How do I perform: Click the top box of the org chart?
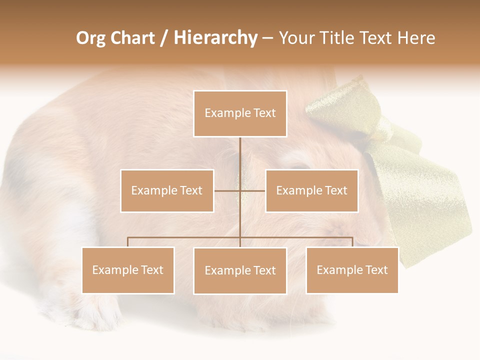click(240, 113)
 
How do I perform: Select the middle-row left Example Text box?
click(167, 190)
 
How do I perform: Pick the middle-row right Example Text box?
click(311, 190)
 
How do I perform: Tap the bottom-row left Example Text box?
click(128, 270)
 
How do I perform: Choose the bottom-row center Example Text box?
click(240, 270)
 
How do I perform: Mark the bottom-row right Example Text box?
click(352, 270)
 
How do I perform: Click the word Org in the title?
click(90, 38)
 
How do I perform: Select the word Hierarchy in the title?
click(215, 38)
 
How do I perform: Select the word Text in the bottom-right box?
click(376, 270)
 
